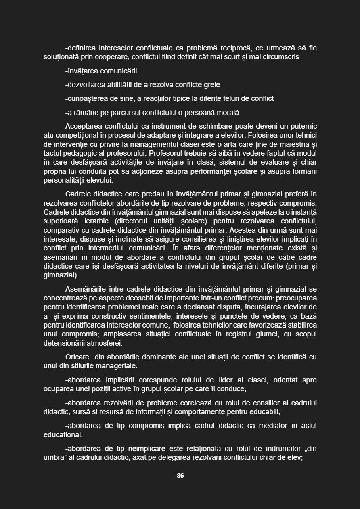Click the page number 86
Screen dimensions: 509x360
coord(180,475)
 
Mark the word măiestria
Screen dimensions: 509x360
coord(293,144)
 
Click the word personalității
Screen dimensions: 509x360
coord(65,180)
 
